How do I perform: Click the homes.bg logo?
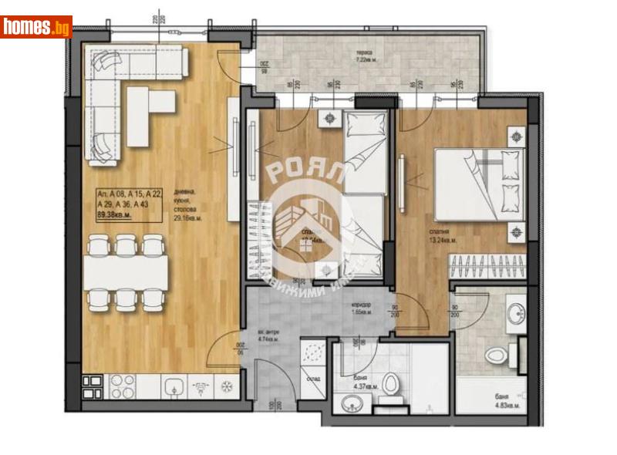[36, 27]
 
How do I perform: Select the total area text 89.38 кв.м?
[114, 215]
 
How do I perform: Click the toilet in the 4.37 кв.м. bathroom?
[391, 383]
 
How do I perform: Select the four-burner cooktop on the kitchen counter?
[120, 383]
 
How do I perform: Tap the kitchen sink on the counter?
[174, 383]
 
